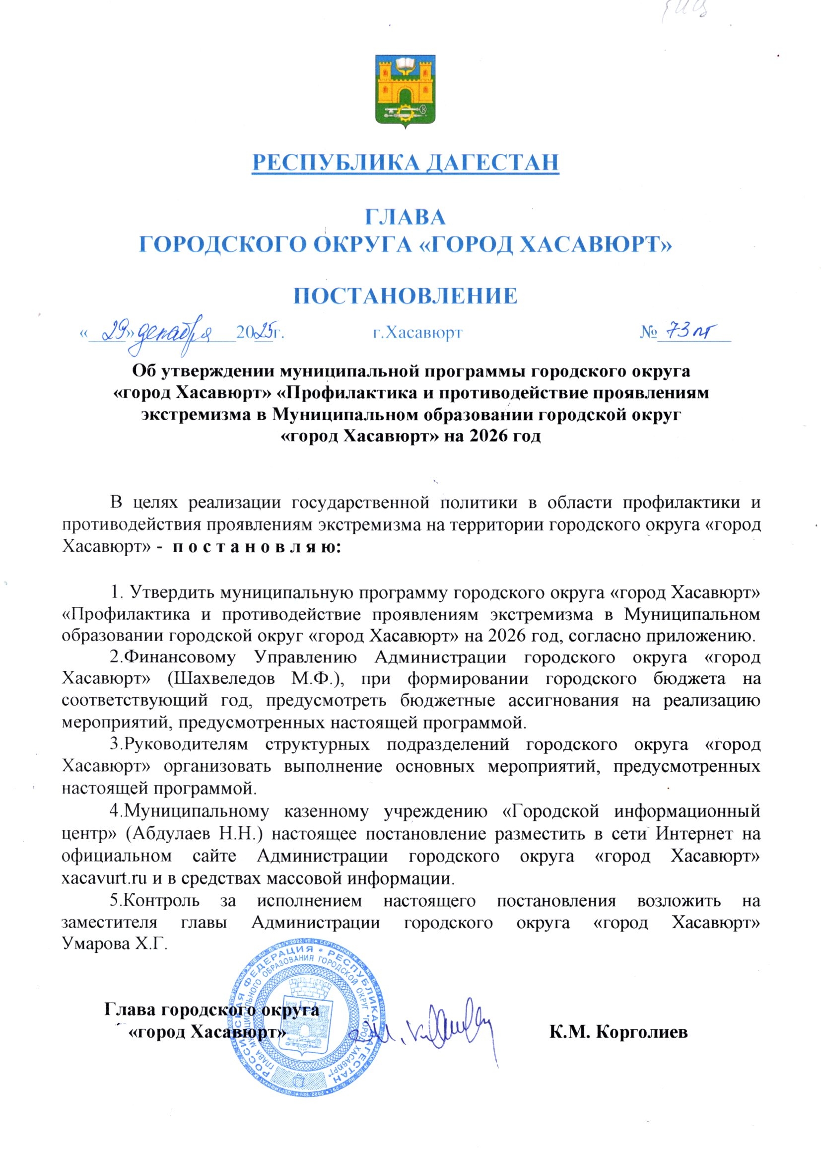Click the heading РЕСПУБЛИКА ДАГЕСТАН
point(406,162)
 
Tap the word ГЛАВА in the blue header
point(405,218)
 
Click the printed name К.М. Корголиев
point(618,1031)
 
